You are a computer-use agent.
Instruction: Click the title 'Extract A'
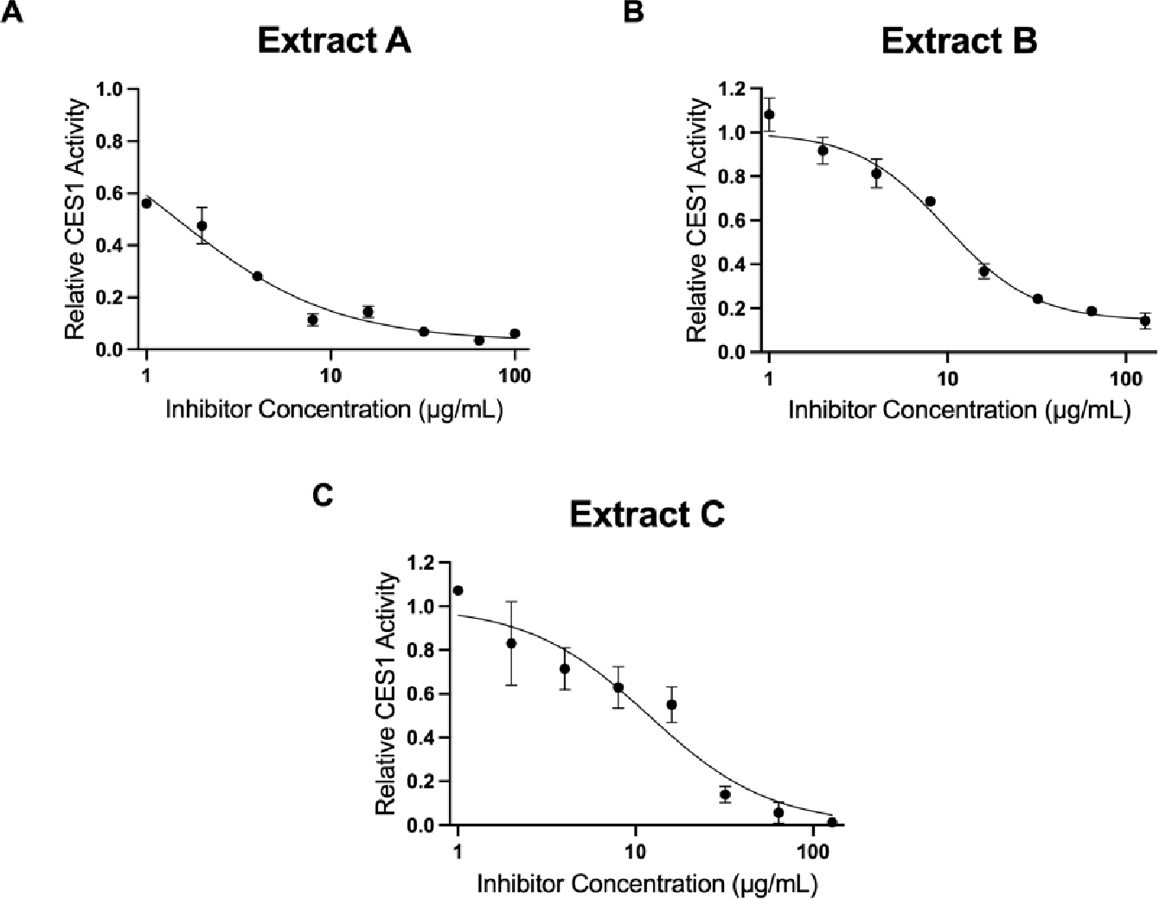pyautogui.click(x=334, y=41)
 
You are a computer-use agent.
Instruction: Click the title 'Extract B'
pyautogui.click(x=959, y=41)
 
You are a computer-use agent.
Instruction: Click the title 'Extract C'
pyautogui.click(x=647, y=514)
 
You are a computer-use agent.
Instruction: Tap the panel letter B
pyautogui.click(x=633, y=11)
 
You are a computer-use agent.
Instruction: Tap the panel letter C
pyautogui.click(x=323, y=496)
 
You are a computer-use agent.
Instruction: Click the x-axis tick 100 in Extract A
pyautogui.click(x=515, y=375)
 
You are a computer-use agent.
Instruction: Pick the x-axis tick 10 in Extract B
pyautogui.click(x=947, y=378)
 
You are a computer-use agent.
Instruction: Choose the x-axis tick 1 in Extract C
pyautogui.click(x=458, y=851)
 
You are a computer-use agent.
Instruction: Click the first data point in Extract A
pyautogui.click(x=146, y=203)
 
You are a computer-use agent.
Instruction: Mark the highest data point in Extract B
pyautogui.click(x=769, y=114)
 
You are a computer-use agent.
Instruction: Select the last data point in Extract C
pyautogui.click(x=832, y=822)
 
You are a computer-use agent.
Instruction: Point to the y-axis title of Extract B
pyautogui.click(x=697, y=220)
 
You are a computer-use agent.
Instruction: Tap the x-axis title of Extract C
pyautogui.click(x=647, y=883)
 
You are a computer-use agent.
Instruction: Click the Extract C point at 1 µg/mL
pyautogui.click(x=458, y=590)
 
